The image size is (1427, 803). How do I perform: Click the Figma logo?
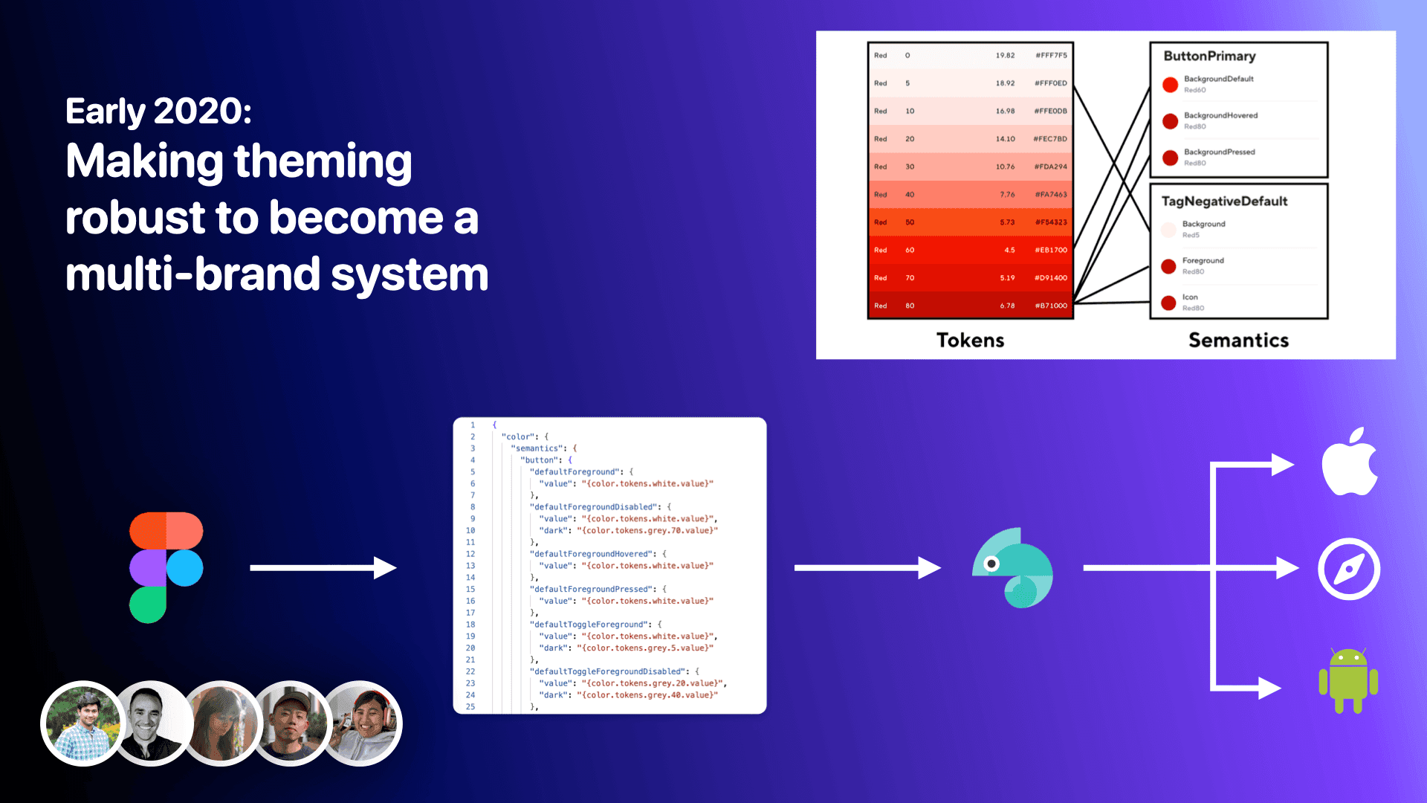point(166,567)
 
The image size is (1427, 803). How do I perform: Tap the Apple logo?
point(1350,462)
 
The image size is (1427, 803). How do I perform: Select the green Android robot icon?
point(1348,680)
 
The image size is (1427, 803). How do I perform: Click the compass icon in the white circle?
point(1348,569)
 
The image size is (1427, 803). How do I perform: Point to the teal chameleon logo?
point(1013,568)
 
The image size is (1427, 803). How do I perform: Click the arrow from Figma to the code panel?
point(323,568)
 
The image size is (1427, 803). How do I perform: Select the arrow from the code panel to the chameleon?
point(867,568)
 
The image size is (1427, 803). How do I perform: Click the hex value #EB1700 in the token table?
point(1050,250)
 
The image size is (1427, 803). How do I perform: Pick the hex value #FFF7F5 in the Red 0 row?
point(1051,55)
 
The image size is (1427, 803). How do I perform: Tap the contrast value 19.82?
point(1005,55)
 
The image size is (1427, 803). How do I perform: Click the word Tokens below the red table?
point(970,341)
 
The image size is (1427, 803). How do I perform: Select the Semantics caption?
point(1238,341)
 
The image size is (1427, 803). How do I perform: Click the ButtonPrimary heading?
point(1209,56)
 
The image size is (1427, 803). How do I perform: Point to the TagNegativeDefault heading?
point(1224,201)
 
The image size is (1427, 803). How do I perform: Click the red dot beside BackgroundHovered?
point(1170,120)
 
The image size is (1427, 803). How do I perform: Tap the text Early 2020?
point(158,112)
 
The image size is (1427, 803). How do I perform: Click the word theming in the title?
point(323,162)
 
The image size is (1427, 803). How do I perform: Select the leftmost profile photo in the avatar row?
point(82,723)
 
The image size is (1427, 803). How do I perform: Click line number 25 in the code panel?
point(470,706)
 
